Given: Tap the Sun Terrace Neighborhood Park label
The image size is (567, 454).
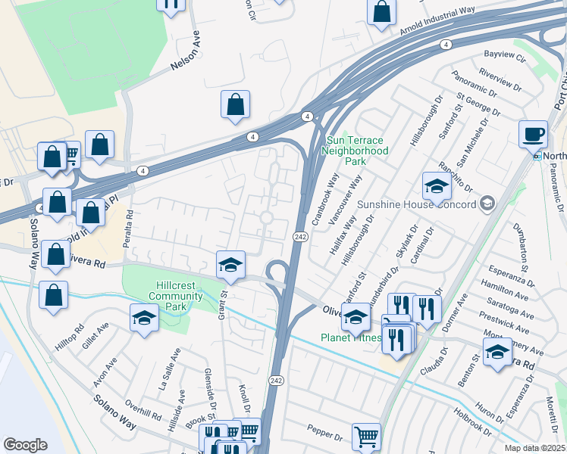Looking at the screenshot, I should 356,151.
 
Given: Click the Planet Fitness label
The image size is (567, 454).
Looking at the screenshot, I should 350,337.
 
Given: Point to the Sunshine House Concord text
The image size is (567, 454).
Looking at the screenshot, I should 416,205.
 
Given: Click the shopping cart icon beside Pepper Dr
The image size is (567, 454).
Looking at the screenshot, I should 366,437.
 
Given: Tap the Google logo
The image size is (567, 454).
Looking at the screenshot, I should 25,445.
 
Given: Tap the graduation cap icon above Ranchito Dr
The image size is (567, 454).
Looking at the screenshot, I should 437,185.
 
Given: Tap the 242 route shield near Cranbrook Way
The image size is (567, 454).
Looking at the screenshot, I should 299,238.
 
